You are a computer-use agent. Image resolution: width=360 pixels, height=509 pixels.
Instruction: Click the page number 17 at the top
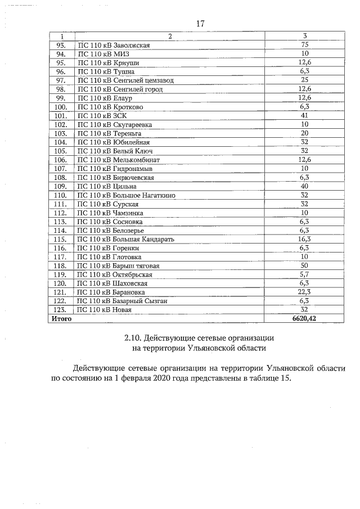tap(199, 24)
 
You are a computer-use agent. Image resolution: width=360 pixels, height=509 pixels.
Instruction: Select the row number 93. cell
tap(61, 45)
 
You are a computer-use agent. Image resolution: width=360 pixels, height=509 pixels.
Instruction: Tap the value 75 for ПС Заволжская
tap(305, 45)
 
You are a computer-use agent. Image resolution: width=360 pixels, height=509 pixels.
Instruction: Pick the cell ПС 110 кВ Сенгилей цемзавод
tap(125, 80)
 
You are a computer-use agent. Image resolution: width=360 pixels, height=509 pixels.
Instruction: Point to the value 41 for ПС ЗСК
tap(305, 116)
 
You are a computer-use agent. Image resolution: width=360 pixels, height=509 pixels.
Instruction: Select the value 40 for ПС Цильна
tap(305, 186)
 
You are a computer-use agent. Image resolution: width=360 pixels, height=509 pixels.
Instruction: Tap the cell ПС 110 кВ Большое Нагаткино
tap(125, 195)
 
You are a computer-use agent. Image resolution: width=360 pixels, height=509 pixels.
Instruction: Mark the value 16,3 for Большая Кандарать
tap(305, 239)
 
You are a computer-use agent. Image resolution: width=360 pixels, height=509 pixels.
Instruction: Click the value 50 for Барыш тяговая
tap(305, 265)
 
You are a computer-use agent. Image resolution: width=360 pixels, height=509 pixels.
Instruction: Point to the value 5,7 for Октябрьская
tap(305, 274)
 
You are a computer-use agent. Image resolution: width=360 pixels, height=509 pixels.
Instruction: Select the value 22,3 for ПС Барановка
tap(305, 292)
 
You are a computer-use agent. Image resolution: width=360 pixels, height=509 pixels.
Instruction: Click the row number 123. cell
tap(61, 310)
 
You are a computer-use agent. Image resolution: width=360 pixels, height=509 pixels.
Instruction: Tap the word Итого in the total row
tap(61, 319)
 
